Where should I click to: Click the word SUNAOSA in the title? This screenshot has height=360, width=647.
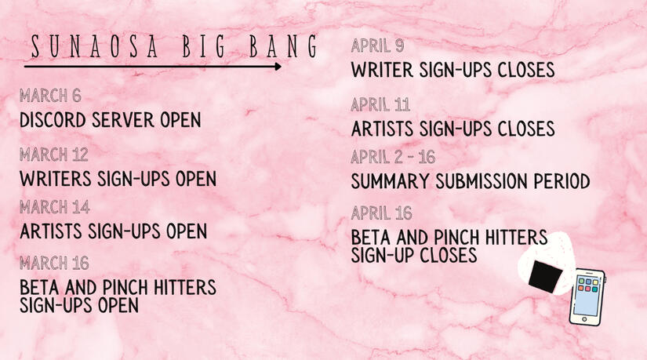click(94, 46)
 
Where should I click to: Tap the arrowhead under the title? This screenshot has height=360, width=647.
click(278, 67)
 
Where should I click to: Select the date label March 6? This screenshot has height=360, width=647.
click(50, 96)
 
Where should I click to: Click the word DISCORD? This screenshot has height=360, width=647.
click(53, 120)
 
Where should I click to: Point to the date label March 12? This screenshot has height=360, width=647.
click(53, 155)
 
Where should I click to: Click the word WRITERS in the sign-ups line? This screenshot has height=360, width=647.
click(56, 179)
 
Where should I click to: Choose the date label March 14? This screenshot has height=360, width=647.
click(54, 207)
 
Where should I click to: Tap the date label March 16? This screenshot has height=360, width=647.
click(54, 263)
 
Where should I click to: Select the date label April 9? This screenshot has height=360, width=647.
click(377, 45)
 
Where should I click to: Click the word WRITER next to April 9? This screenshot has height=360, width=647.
click(382, 70)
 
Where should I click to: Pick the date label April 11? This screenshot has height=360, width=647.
click(380, 105)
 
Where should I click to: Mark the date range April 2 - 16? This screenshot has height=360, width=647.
click(393, 158)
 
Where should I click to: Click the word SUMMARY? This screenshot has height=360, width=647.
click(391, 182)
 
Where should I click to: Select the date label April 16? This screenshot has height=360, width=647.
click(382, 213)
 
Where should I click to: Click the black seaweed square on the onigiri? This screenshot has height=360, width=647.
click(545, 277)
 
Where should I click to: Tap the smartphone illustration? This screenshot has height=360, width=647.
click(587, 297)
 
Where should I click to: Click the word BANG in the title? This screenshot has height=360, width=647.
click(283, 46)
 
